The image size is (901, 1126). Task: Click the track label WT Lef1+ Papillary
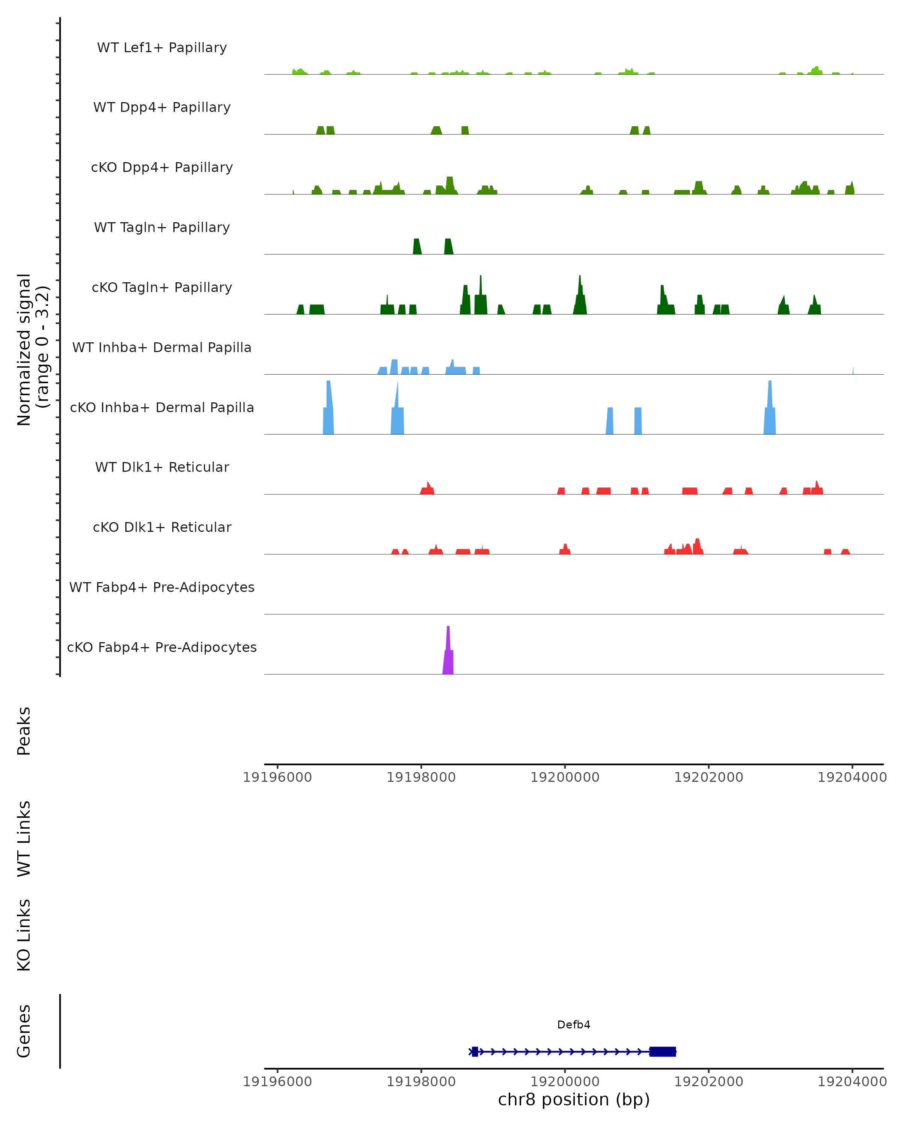[x=162, y=48]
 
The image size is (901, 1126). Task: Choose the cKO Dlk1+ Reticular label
[x=162, y=527]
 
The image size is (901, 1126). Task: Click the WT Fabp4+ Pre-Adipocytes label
[x=162, y=587]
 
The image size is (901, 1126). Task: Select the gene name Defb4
[x=574, y=1025]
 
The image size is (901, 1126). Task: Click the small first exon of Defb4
[x=475, y=1051]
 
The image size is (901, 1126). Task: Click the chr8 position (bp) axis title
[x=574, y=1099]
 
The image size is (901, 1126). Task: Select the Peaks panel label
[x=24, y=731]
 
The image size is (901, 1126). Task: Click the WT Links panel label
[x=24, y=838]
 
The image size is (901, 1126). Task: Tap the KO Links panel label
[x=24, y=935]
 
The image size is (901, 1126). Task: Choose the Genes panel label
[x=24, y=1031]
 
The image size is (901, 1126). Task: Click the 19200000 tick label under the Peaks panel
[x=565, y=777]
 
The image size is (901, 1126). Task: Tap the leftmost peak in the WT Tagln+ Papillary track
[x=417, y=247]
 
